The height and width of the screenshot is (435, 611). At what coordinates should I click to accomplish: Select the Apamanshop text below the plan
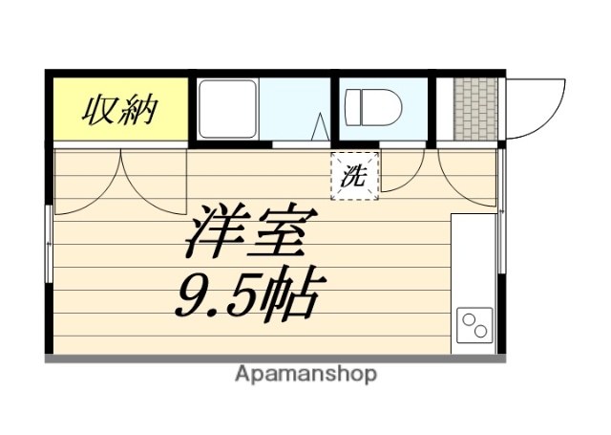click(305, 374)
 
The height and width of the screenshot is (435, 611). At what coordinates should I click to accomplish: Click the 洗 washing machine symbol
click(354, 175)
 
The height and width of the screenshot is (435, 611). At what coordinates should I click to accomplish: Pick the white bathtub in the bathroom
click(227, 109)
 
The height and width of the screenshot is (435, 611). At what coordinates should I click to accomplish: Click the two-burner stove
click(474, 327)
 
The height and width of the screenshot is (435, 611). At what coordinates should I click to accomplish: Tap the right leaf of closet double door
click(153, 177)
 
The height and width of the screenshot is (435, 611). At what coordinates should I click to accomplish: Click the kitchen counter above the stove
click(473, 258)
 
